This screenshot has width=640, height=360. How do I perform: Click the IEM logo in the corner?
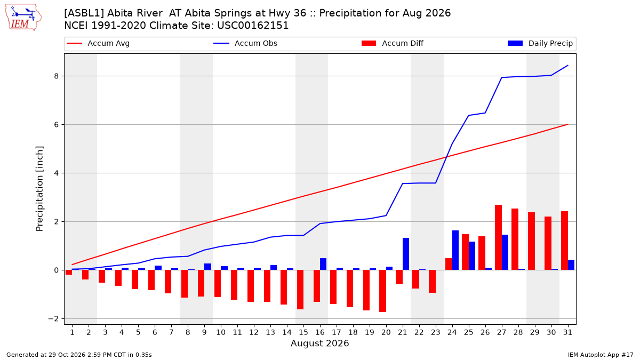(x=23, y=18)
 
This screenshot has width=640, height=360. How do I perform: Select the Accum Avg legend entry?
(x=98, y=43)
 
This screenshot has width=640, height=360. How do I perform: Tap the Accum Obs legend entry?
(x=245, y=43)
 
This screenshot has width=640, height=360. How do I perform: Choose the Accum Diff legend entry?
(x=393, y=43)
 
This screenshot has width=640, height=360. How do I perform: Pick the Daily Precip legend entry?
(x=540, y=43)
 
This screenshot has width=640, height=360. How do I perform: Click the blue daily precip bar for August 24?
(x=455, y=250)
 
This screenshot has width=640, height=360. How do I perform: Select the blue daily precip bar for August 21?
(x=406, y=254)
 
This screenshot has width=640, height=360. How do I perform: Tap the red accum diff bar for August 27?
(x=498, y=237)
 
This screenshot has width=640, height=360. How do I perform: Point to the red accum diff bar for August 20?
(x=382, y=291)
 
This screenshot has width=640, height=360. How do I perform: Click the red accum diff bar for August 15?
(x=300, y=290)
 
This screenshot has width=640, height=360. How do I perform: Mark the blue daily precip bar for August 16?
(x=323, y=264)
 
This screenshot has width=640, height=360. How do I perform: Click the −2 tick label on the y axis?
(x=53, y=318)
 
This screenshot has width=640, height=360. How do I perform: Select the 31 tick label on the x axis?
(x=567, y=332)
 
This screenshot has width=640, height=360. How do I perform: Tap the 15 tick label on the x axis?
(x=303, y=332)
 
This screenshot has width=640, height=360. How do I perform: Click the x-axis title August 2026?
(x=319, y=343)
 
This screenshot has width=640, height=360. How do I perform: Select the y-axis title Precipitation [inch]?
(x=39, y=189)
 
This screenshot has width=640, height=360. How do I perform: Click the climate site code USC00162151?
(x=253, y=26)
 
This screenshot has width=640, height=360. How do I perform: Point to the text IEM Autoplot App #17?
(x=601, y=355)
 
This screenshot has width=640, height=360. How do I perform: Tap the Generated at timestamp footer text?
(x=79, y=355)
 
